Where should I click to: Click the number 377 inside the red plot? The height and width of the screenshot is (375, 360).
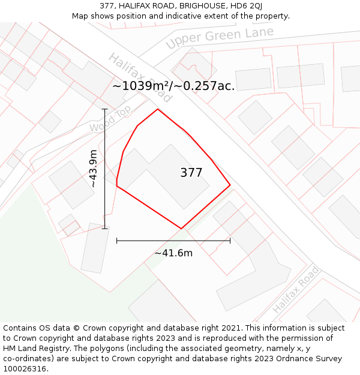coord(191,173)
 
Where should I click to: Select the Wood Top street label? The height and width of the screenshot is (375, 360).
coord(110,119)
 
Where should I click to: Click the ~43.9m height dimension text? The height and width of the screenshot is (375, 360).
coord(93,169)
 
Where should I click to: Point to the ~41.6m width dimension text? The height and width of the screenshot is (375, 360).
coord(173,253)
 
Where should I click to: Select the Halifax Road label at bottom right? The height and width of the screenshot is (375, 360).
coord(296,290)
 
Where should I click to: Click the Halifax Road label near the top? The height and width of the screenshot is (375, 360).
coord(140,77)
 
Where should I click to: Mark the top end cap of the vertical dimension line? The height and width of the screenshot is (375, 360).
coord(104,109)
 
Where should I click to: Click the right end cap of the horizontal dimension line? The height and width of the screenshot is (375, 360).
coord(230,241)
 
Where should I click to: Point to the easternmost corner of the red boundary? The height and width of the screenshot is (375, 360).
coord(230,185)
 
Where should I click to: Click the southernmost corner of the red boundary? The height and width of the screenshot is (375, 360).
coord(181,229)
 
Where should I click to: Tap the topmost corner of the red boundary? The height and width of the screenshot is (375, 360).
coord(158,109)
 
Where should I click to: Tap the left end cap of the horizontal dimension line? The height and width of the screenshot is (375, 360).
coord(116,241)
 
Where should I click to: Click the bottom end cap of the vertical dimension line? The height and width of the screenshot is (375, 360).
coord(104,229)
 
